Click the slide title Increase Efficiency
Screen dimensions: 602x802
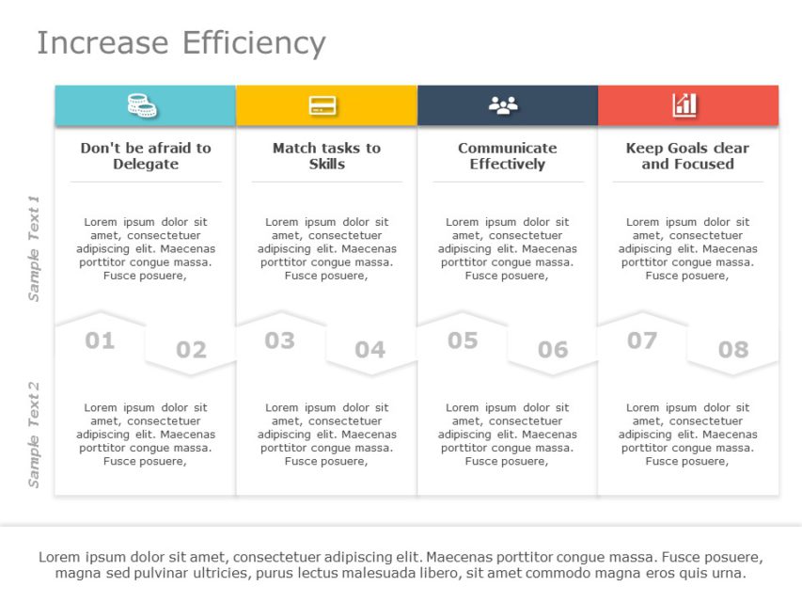[181, 43]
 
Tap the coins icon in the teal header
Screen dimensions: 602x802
[142, 105]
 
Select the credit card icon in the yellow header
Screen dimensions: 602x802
[322, 105]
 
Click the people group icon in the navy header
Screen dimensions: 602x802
[503, 105]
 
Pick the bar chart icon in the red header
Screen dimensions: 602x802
[684, 105]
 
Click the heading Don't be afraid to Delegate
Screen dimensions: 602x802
[146, 156]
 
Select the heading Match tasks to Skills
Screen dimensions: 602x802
[326, 156]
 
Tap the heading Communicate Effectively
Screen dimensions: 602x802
[507, 156]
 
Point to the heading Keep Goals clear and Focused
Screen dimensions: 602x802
[687, 156]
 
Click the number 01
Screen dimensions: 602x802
[100, 341]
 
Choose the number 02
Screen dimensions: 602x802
[191, 351]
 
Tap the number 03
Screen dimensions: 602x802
[279, 341]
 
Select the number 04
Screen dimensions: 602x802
[370, 351]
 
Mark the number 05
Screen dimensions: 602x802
[462, 341]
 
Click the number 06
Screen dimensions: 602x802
[553, 351]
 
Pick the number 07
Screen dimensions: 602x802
[642, 341]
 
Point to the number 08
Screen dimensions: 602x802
[733, 351]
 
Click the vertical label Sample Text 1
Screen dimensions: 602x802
[34, 248]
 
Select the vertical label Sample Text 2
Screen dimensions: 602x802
[34, 435]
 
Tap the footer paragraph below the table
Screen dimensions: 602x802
[401, 565]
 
